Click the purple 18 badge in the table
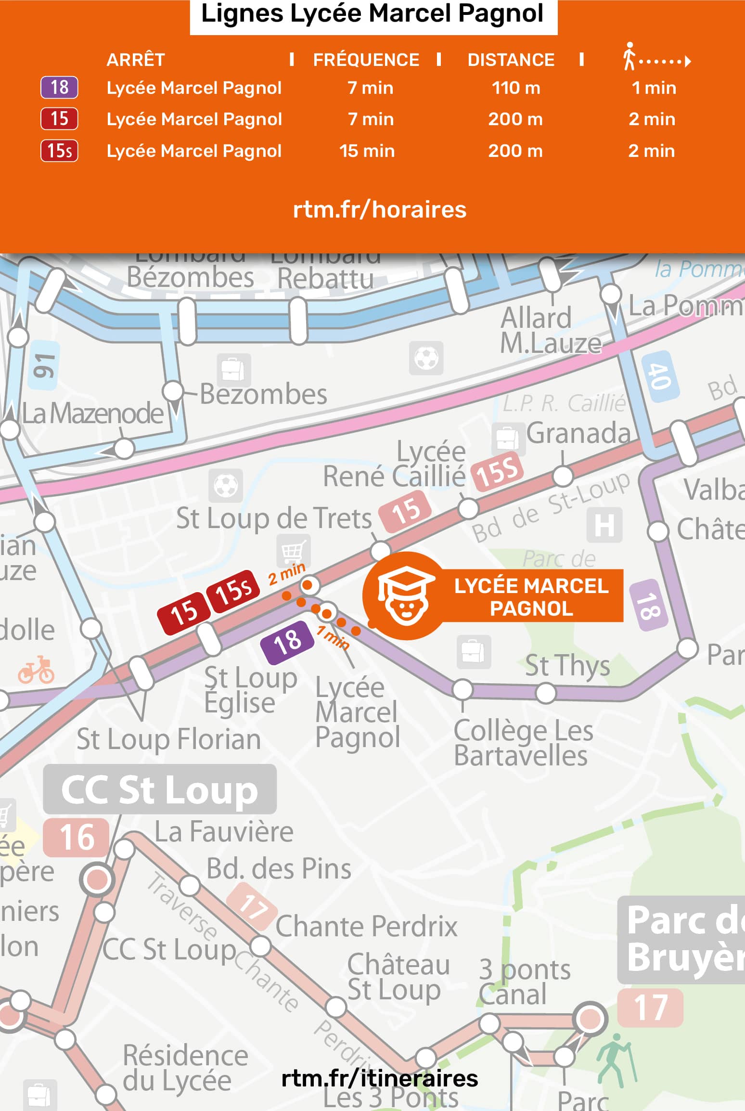(59, 88)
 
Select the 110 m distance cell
(515, 88)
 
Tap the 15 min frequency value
(367, 151)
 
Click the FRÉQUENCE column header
(366, 60)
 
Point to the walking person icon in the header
(629, 56)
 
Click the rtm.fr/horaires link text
(379, 210)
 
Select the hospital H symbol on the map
(604, 525)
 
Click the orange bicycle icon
(37, 670)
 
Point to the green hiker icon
(615, 1059)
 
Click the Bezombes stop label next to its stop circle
(263, 394)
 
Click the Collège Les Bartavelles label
(523, 743)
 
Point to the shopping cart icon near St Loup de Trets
(293, 552)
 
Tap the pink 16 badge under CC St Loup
(76, 837)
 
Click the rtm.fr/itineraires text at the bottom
(379, 1079)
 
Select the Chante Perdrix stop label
(366, 926)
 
